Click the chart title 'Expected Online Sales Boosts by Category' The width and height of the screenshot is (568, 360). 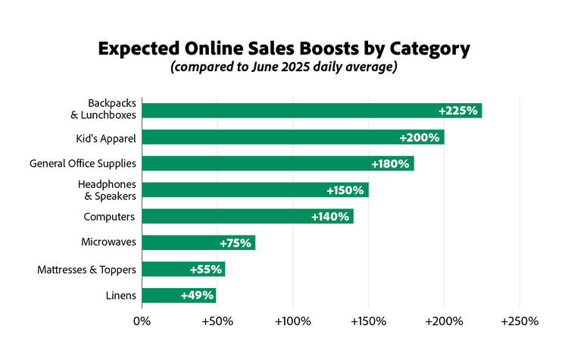[284, 49]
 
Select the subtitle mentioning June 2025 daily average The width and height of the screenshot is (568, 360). [284, 68]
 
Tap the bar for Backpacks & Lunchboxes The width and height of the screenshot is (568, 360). [288, 111]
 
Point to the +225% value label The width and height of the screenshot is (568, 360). [458, 111]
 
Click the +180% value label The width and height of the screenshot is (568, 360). [390, 164]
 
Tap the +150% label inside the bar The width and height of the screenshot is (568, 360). [345, 190]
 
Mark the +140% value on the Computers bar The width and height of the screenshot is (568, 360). [330, 217]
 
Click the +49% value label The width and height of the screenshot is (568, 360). [197, 296]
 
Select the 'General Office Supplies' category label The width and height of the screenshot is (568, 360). [82, 164]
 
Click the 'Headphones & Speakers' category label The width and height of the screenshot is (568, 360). [106, 189]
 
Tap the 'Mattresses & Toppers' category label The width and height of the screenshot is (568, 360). [86, 269]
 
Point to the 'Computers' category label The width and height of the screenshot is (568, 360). [109, 217]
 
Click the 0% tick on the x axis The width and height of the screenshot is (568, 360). [142, 321]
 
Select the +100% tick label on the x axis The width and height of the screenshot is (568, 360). [292, 321]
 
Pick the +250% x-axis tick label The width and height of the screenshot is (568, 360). [520, 321]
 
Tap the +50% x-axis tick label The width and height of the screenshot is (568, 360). [217, 321]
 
